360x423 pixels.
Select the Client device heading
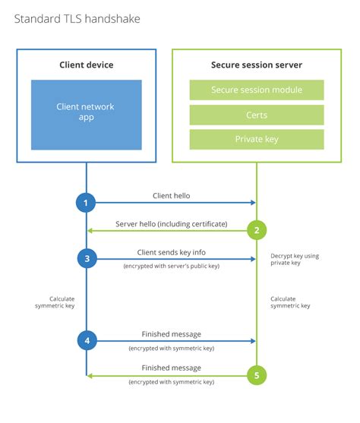coord(86,65)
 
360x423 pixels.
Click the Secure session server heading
coord(257,65)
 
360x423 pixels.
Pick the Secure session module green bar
coord(257,90)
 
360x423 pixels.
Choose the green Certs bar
coord(257,115)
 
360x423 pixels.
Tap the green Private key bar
coord(257,140)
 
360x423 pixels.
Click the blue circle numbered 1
coord(87,203)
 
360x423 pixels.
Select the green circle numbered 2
coord(257,230)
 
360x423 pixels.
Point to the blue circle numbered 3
coord(87,258)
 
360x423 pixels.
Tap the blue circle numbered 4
coord(87,340)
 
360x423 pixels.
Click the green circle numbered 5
coord(257,374)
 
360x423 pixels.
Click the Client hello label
coord(171,196)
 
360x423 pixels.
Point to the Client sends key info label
coord(171,252)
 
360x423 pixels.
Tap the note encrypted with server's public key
coord(171,267)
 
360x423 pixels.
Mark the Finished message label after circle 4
coord(171,334)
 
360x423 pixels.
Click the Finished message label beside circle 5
coord(171,368)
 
